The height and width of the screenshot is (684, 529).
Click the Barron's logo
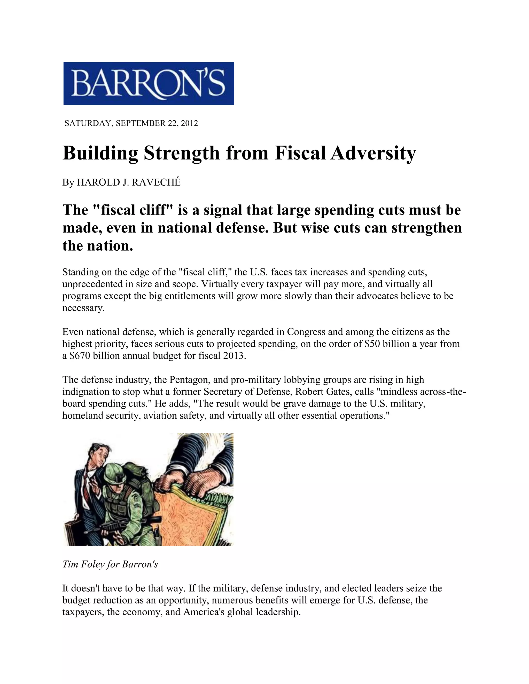click(x=149, y=83)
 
